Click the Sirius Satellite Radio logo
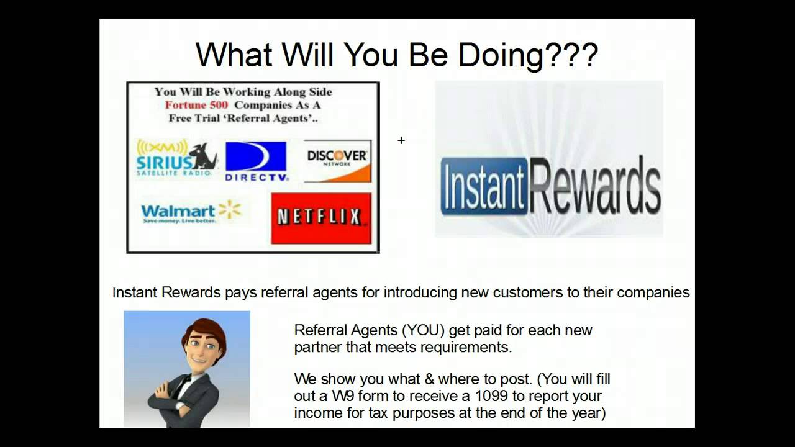(176, 159)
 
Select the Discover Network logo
(337, 161)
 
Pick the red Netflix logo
(320, 217)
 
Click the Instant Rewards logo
(550, 184)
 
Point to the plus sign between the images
(401, 141)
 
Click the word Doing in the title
(500, 55)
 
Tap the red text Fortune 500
(196, 105)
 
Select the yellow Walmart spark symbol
(230, 210)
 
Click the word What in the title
(234, 55)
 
